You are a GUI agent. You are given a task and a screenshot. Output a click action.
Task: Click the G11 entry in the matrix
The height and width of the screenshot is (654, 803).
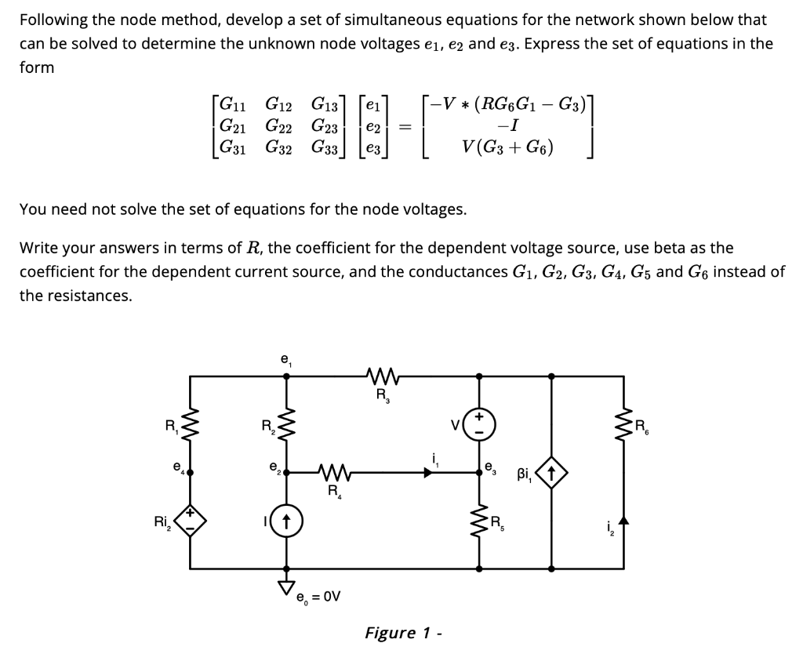(231, 103)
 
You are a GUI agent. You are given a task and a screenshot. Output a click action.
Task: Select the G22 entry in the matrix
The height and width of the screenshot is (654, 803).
(277, 125)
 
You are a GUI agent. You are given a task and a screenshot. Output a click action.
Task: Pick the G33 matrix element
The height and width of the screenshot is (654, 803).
(324, 147)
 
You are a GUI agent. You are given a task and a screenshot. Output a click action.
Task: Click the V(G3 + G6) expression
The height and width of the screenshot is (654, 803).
(509, 147)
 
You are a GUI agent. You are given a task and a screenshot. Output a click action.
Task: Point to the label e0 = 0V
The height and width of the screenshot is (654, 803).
(318, 597)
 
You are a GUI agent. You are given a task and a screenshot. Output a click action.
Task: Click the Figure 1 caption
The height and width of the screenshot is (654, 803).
(402, 633)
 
